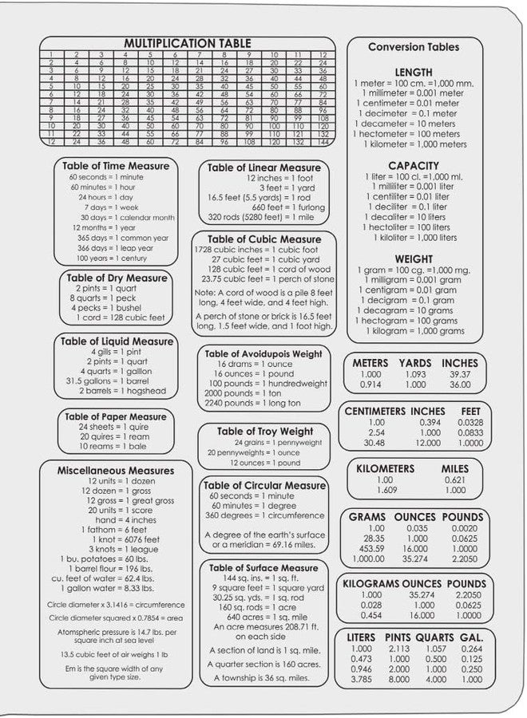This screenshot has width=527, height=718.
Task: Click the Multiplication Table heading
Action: pos(188,43)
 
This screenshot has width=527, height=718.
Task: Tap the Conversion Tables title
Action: pos(414,47)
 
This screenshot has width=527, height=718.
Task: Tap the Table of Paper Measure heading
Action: pos(116,416)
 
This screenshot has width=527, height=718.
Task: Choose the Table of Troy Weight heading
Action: pos(265,432)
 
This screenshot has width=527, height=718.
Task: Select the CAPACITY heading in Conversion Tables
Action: pos(414,165)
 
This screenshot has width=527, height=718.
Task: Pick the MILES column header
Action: pos(455,468)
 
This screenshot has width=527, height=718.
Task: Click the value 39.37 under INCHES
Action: pos(460,373)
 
